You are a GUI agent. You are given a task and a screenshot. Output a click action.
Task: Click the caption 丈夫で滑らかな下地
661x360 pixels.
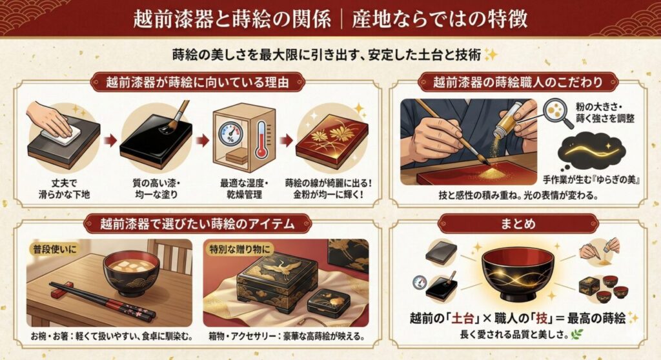coord(63,188)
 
